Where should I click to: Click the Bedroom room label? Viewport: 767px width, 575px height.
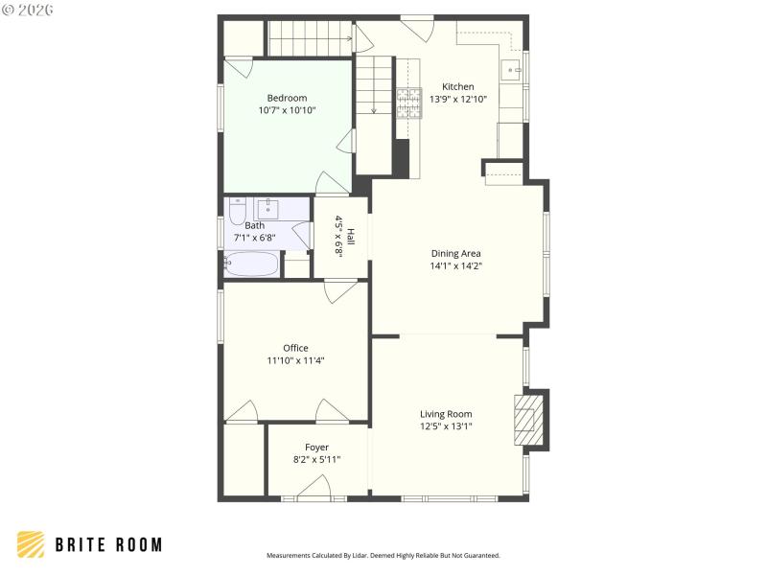pyautogui.click(x=287, y=98)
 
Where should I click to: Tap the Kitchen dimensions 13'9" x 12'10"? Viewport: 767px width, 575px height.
pyautogui.click(x=458, y=99)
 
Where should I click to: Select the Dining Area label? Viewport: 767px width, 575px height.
pyautogui.click(x=455, y=254)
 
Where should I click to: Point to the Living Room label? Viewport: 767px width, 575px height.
pyautogui.click(x=446, y=414)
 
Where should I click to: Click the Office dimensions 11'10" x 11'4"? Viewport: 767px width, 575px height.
pyautogui.click(x=295, y=360)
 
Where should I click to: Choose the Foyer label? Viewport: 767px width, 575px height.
pyautogui.click(x=316, y=448)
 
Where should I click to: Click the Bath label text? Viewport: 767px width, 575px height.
pyautogui.click(x=254, y=226)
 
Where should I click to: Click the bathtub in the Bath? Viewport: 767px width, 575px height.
pyautogui.click(x=251, y=264)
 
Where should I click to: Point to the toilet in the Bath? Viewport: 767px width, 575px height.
pyautogui.click(x=237, y=208)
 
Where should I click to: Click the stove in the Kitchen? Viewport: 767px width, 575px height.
pyautogui.click(x=408, y=102)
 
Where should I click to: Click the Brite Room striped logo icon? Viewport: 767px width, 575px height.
pyautogui.click(x=31, y=544)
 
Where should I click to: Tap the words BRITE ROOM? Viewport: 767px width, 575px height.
pyautogui.click(x=107, y=544)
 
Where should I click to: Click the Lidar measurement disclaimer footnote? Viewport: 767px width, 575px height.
pyautogui.click(x=383, y=555)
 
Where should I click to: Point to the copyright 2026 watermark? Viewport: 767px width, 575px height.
pyautogui.click(x=28, y=10)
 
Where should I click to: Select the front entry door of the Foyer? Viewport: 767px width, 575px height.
pyautogui.click(x=314, y=491)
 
